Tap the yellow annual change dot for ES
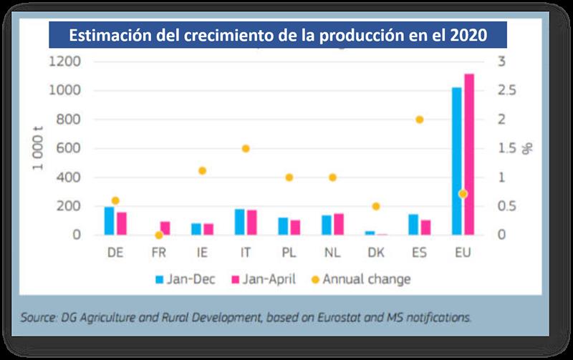(x=420, y=120)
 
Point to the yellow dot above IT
(x=246, y=148)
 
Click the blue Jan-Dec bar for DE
(x=109, y=220)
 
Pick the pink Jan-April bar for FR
(x=165, y=228)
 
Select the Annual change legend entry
(x=359, y=279)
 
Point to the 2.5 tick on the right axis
(x=508, y=91)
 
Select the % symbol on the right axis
(x=528, y=149)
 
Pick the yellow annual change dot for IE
(x=202, y=170)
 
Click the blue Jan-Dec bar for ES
(x=413, y=224)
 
